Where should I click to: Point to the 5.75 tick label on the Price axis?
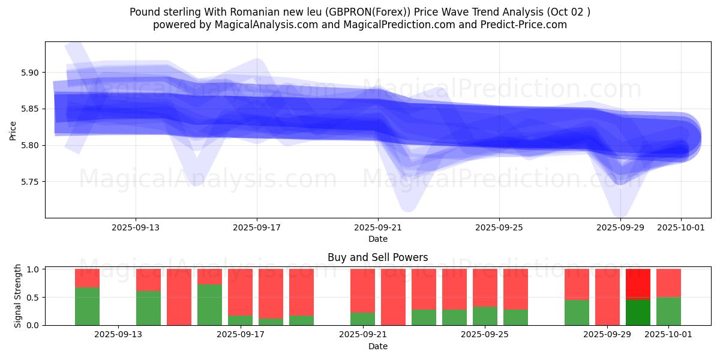pos(30,182)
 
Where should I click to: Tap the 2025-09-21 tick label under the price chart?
pos(378,227)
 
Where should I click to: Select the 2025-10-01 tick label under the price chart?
pos(680,227)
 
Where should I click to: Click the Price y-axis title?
pos(13,130)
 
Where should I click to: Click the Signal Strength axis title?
pos(18,296)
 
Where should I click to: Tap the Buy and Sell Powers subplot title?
pos(377,257)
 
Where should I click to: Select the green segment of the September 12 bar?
pos(87,306)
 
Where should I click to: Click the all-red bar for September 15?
pos(179,297)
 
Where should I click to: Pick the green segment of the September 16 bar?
pos(209,305)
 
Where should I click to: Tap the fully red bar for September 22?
pos(393,297)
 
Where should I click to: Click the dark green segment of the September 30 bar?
pos(638,312)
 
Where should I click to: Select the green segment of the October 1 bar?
pos(668,311)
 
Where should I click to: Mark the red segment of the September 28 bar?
pos(577,284)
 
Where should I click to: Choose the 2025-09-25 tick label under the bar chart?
pos(485,334)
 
